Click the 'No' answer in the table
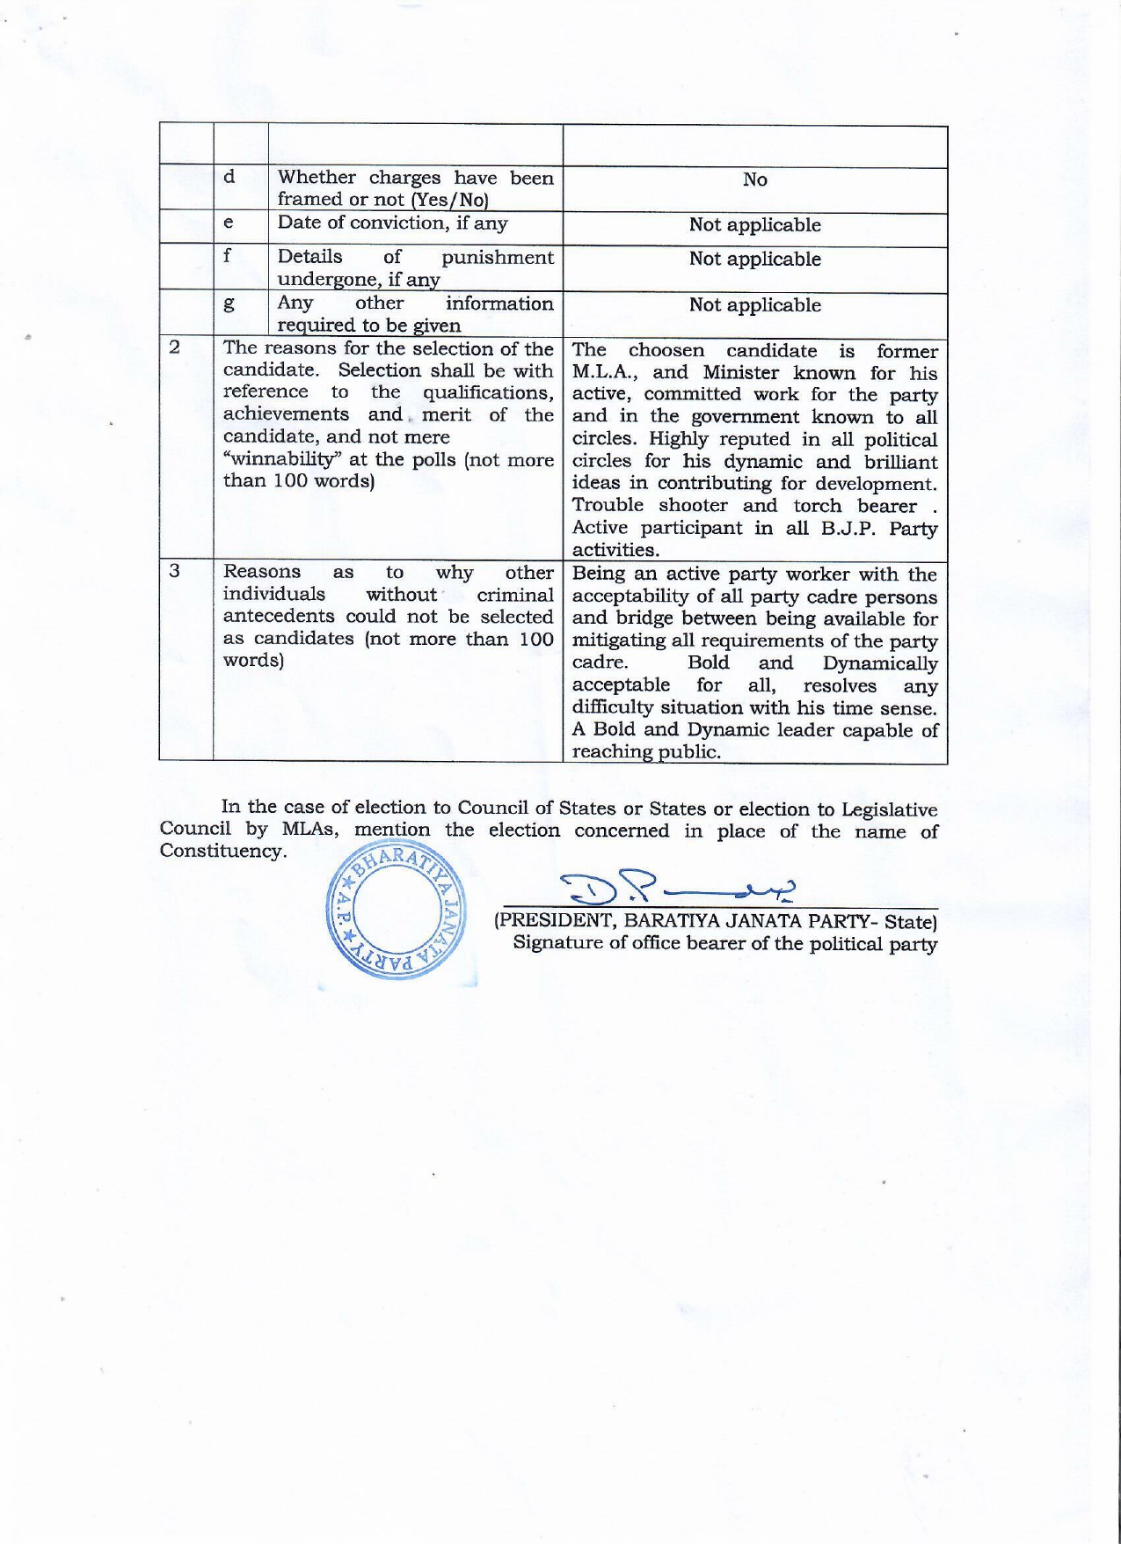tap(754, 179)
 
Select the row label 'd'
tap(229, 177)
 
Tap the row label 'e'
tap(229, 223)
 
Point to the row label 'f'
tap(227, 255)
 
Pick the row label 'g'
tap(229, 304)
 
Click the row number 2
tap(174, 348)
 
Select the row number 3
tap(174, 571)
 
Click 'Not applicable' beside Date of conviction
tap(754, 225)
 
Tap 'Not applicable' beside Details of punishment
tap(754, 260)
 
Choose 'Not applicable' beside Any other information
tap(754, 305)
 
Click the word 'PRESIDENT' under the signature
tap(554, 921)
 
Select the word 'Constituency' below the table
tap(222, 852)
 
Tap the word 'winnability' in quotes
tap(283, 459)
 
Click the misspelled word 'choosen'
tap(666, 351)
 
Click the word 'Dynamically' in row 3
tap(880, 663)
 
